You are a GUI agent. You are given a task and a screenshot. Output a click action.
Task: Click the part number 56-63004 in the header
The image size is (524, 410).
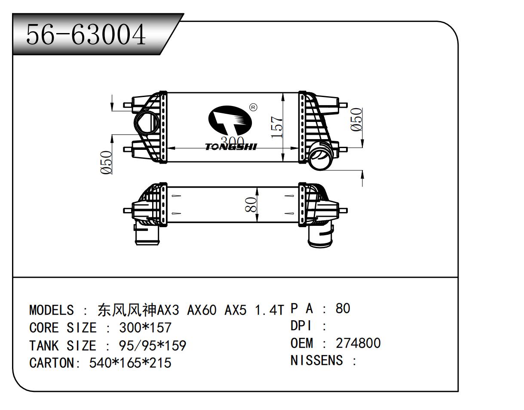(86, 35)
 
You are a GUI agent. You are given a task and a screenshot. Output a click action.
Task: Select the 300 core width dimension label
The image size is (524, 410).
(232, 141)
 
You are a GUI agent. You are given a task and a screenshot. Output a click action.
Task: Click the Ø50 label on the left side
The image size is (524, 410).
(106, 162)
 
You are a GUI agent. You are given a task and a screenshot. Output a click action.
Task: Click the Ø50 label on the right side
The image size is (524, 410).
(356, 120)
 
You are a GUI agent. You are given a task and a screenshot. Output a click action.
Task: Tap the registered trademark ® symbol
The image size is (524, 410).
(253, 107)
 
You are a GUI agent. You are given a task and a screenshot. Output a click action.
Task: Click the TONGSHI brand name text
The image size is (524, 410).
(231, 147)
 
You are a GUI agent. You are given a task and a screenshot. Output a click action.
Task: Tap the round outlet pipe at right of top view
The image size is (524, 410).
(322, 155)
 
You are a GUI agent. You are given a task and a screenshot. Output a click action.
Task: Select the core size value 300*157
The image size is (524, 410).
(145, 328)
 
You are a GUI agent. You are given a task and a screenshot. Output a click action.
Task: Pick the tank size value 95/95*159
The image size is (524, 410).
(152, 346)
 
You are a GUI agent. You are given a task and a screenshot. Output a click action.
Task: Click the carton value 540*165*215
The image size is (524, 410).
(130, 363)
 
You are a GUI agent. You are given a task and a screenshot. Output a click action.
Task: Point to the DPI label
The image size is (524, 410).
(301, 326)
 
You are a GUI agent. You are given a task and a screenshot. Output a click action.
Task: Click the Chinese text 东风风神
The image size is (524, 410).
(127, 310)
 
